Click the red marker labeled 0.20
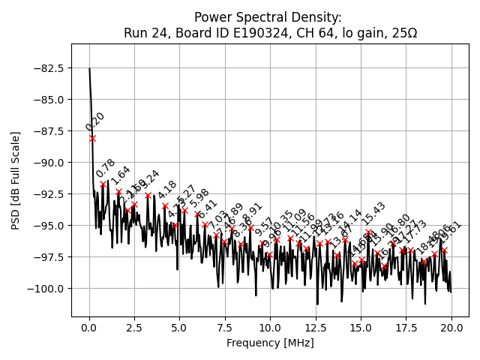click(92, 138)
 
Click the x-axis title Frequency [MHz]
click(270, 343)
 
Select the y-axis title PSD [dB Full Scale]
click(16, 180)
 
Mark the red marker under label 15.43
click(368, 232)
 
